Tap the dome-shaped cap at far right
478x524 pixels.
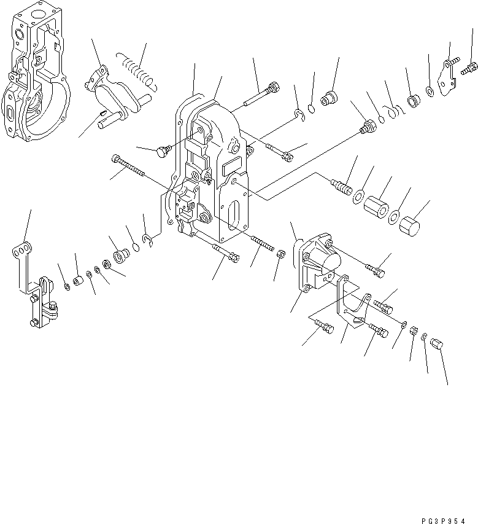point(410,226)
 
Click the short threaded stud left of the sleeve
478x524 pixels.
point(342,184)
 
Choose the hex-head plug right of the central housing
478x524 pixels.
point(368,128)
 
